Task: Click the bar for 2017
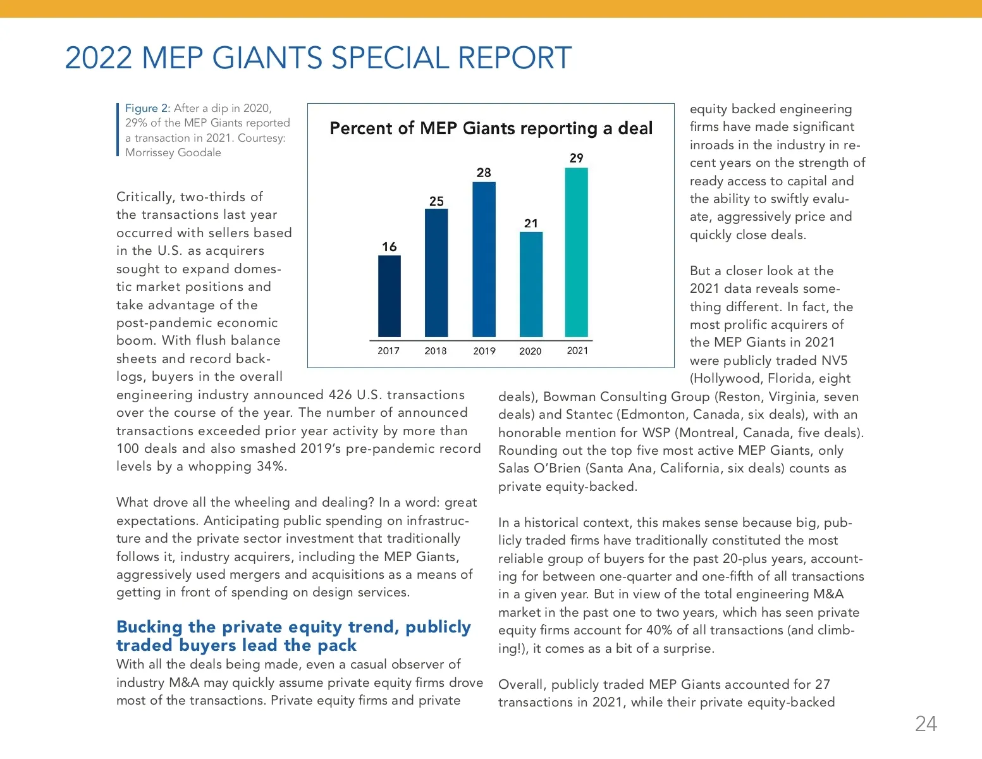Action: click(x=389, y=296)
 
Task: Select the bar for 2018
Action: click(x=436, y=273)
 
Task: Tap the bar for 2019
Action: click(x=484, y=259)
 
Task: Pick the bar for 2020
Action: click(x=531, y=285)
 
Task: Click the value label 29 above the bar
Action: click(x=576, y=158)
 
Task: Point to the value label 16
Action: click(x=390, y=247)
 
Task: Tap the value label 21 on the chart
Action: click(x=531, y=223)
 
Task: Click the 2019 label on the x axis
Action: click(x=484, y=351)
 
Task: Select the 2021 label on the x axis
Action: click(x=577, y=350)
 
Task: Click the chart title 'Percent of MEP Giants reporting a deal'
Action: click(x=491, y=128)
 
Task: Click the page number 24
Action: click(x=926, y=724)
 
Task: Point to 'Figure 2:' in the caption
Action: click(x=147, y=108)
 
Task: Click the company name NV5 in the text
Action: click(x=834, y=361)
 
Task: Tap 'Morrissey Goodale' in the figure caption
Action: click(x=173, y=152)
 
